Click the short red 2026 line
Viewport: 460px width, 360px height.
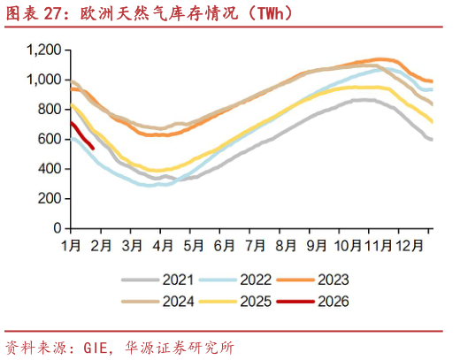click(81, 135)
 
